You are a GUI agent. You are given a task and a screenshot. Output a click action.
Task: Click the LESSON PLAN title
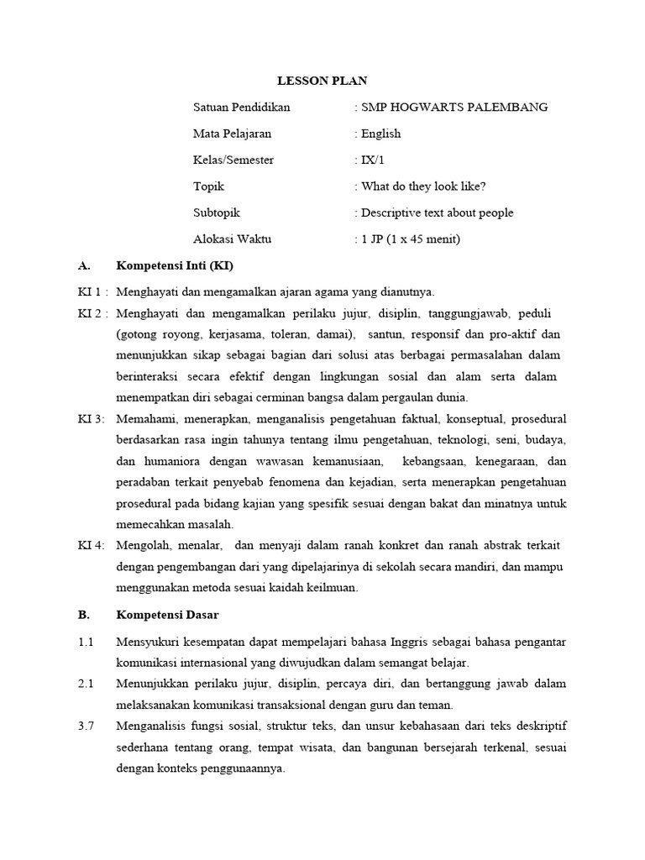tap(322, 81)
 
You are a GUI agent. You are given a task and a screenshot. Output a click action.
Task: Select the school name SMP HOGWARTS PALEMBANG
tap(454, 107)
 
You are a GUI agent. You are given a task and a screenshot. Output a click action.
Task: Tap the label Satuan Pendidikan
tap(242, 107)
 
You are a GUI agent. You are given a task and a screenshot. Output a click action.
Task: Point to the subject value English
tap(380, 134)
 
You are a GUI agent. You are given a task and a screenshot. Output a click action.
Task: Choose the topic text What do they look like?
tap(423, 186)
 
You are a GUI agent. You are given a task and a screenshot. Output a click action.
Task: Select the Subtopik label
tap(217, 212)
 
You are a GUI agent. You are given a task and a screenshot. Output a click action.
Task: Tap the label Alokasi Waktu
tap(233, 239)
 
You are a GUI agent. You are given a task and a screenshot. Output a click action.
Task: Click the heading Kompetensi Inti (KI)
tap(175, 266)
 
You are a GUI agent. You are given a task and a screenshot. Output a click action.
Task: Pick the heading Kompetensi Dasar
tap(167, 615)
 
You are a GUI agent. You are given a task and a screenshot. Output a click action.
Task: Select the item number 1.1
tap(85, 642)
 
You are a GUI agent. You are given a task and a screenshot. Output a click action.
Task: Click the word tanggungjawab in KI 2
tap(469, 314)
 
